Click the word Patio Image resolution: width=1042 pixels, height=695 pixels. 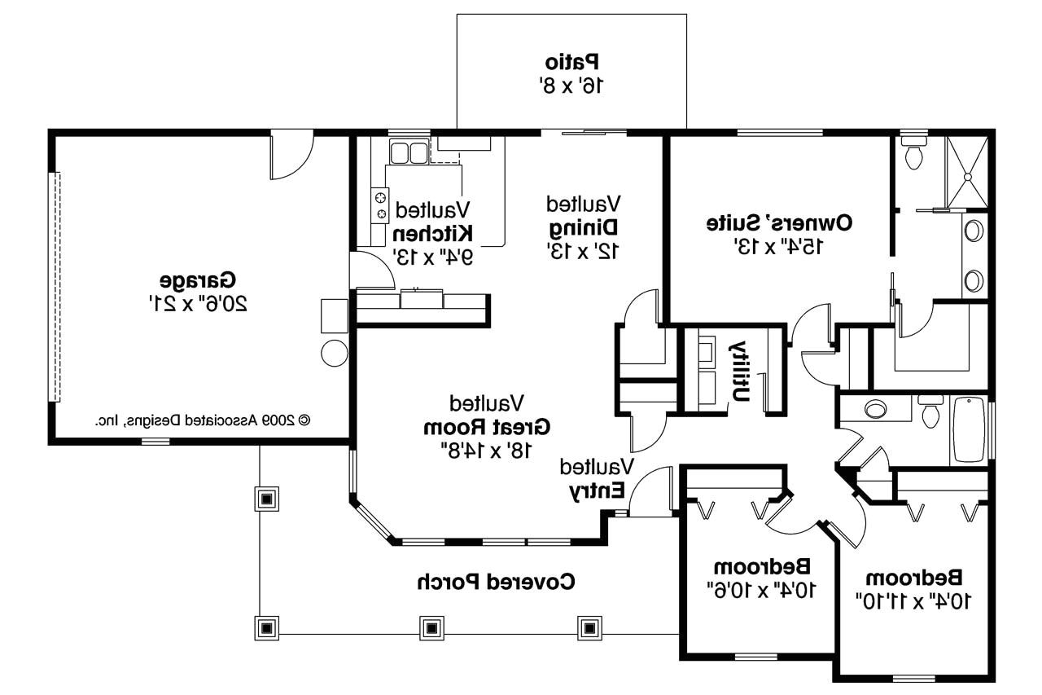pyautogui.click(x=571, y=61)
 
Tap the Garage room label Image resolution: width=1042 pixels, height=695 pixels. pyautogui.click(x=199, y=280)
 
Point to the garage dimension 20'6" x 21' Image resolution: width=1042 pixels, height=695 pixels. pyautogui.click(x=199, y=304)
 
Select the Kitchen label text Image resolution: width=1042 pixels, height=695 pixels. pyautogui.click(x=433, y=233)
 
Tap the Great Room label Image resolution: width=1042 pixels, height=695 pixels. pyautogui.click(x=487, y=426)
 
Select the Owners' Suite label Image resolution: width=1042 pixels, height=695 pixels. pyautogui.click(x=780, y=222)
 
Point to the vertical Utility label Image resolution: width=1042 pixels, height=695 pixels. pyautogui.click(x=740, y=370)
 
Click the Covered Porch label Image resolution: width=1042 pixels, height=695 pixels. pyautogui.click(x=496, y=582)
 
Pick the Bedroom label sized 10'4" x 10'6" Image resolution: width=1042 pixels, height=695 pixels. pyautogui.click(x=762, y=565)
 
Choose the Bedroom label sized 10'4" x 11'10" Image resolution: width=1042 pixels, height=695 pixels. pyautogui.click(x=913, y=578)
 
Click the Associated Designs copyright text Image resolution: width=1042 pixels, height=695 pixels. pyautogui.click(x=203, y=420)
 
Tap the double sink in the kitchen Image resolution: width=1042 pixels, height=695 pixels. pyautogui.click(x=408, y=152)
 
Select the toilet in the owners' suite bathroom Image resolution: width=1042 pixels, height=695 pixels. pyautogui.click(x=914, y=154)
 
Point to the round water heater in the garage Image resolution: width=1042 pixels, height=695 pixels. pyautogui.click(x=335, y=353)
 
